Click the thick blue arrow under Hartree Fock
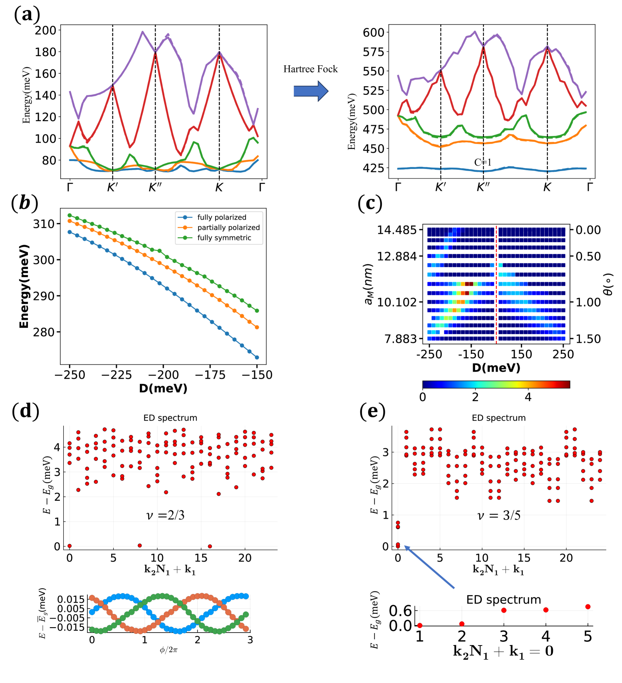(x=310, y=91)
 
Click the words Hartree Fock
(x=310, y=69)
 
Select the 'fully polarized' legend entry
(x=221, y=217)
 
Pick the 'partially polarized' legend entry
(x=228, y=228)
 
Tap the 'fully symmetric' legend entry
(x=224, y=238)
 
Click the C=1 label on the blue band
(x=483, y=163)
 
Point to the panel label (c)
(x=369, y=203)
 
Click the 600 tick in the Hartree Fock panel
(x=373, y=32)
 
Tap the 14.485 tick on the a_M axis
(x=396, y=230)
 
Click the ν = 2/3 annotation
(x=165, y=515)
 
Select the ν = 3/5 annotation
(x=498, y=516)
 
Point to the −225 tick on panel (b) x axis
(x=116, y=375)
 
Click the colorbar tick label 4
(x=528, y=397)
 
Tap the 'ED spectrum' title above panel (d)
(x=170, y=418)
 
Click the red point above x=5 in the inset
(x=587, y=607)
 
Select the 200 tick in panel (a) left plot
(x=45, y=30)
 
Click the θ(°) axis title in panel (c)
(x=608, y=284)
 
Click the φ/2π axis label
(x=169, y=650)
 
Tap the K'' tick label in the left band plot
(x=155, y=188)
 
